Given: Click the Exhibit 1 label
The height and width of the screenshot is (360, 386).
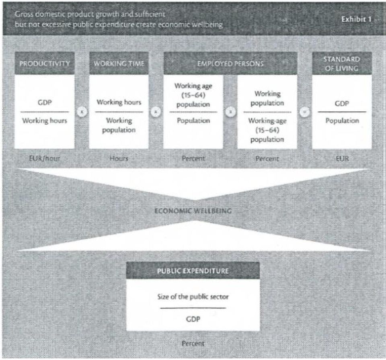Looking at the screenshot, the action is pyautogui.click(x=356, y=19).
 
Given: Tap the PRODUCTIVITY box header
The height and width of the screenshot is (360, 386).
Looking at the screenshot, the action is pyautogui.click(x=45, y=63).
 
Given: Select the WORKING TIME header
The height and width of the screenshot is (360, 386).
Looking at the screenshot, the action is pyautogui.click(x=119, y=63).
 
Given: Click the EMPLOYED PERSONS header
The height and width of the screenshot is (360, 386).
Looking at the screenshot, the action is pyautogui.click(x=230, y=63).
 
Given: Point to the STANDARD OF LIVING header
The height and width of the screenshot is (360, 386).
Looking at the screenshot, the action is pyautogui.click(x=342, y=63).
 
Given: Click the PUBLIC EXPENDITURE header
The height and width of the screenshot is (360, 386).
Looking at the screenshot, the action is pyautogui.click(x=193, y=270).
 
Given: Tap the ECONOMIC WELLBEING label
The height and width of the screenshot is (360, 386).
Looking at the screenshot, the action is pyautogui.click(x=193, y=211).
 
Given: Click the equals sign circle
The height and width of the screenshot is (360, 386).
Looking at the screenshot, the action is pyautogui.click(x=304, y=112).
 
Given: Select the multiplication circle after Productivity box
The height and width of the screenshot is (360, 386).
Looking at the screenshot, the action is pyautogui.click(x=82, y=112).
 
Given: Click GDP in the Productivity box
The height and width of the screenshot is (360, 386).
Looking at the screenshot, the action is pyautogui.click(x=45, y=102).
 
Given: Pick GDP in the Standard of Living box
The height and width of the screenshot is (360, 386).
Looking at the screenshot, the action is pyautogui.click(x=342, y=103).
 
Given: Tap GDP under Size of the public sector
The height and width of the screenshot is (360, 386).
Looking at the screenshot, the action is pyautogui.click(x=193, y=319).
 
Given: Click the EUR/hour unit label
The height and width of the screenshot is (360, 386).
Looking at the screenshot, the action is pyautogui.click(x=45, y=158).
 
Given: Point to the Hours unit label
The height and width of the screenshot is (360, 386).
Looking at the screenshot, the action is pyautogui.click(x=119, y=158).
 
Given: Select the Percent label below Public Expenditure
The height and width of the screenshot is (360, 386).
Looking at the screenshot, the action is pyautogui.click(x=193, y=343).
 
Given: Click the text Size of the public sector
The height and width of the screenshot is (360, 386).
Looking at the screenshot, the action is pyautogui.click(x=193, y=297).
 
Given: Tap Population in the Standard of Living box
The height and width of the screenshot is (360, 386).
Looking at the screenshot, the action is pyautogui.click(x=342, y=121).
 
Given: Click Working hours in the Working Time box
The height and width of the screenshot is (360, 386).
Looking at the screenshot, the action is pyautogui.click(x=119, y=102).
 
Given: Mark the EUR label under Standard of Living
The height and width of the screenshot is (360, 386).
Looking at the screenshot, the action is pyautogui.click(x=342, y=158).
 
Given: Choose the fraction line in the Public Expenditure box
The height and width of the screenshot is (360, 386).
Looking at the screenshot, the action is pyautogui.click(x=193, y=308).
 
